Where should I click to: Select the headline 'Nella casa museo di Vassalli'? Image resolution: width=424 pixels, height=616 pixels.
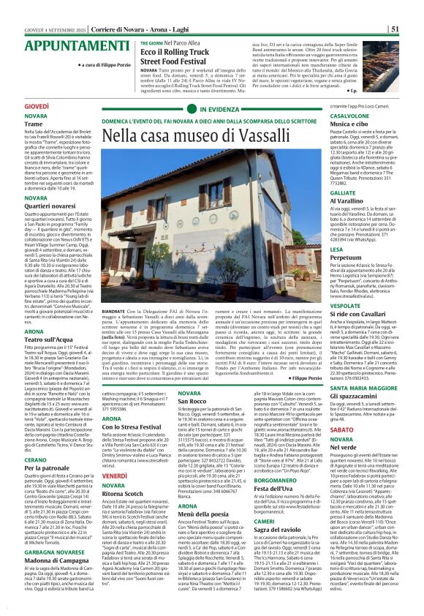189,135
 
